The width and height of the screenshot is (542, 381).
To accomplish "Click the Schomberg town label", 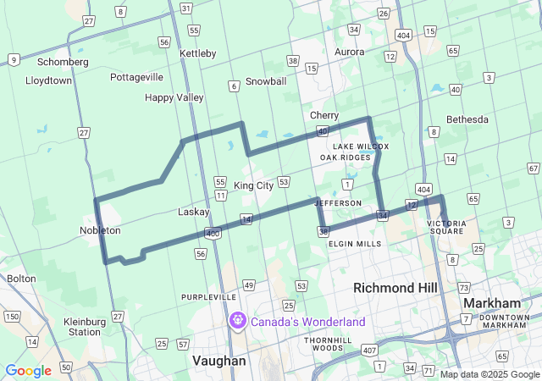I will [x=64, y=62].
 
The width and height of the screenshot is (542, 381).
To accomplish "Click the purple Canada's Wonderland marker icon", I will [x=238, y=322].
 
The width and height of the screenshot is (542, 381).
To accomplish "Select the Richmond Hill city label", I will [x=395, y=288].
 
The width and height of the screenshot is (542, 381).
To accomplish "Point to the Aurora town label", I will [x=350, y=52].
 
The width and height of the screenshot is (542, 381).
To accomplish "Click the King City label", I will [x=253, y=185].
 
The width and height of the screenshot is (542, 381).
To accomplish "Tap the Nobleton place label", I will [x=100, y=230].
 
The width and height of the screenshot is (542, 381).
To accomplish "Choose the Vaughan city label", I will [x=219, y=361].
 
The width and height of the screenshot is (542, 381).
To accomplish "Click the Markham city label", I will [x=491, y=303].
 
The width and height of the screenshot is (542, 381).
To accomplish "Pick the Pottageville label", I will [x=136, y=77].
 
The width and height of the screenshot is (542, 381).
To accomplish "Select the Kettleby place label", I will [x=198, y=53].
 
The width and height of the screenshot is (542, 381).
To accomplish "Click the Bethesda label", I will [x=467, y=119].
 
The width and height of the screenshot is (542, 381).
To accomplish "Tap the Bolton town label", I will [x=21, y=278].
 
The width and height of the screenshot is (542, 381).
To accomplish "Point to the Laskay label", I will [x=193, y=212].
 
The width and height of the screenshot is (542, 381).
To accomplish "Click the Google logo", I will [x=28, y=370].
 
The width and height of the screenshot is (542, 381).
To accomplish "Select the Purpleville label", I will [x=207, y=297].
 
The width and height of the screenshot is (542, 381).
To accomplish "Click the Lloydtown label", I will [x=49, y=80].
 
